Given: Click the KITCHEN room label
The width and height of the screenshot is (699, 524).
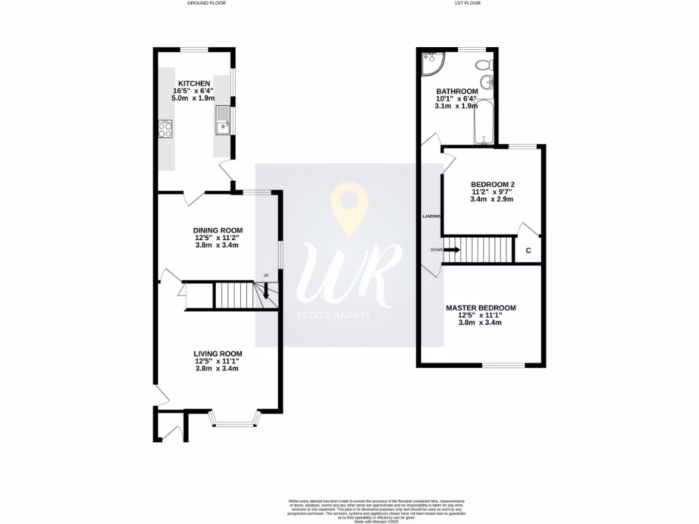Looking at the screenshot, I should [x=195, y=83].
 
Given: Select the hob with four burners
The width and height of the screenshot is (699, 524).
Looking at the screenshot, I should [x=165, y=129].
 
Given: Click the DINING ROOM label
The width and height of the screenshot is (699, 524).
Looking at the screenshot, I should [x=218, y=231].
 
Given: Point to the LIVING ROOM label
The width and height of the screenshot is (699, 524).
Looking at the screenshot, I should [x=218, y=354].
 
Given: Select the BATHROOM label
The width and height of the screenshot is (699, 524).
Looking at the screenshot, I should [x=457, y=91].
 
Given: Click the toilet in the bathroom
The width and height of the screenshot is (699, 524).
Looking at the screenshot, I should [x=483, y=66].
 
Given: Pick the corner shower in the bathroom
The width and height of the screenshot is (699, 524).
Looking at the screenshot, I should [x=432, y=63].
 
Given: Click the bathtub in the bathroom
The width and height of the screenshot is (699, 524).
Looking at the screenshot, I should [x=484, y=123].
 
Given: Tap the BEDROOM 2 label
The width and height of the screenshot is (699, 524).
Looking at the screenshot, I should [x=492, y=184].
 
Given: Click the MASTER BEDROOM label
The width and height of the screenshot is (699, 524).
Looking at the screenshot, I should [x=481, y=308].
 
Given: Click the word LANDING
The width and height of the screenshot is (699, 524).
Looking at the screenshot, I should [x=431, y=216].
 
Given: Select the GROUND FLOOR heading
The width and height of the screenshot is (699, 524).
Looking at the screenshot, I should [x=206, y=3].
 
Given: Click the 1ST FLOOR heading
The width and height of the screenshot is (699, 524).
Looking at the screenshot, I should [x=467, y=3].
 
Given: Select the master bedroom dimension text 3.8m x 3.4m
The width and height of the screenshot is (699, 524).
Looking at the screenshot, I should [x=481, y=323].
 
